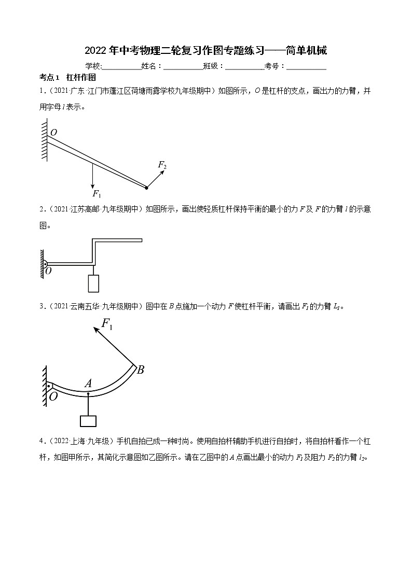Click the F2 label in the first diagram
point(162,165)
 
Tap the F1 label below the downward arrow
point(97,194)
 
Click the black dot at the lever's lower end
point(146,187)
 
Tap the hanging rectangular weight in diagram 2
point(93,283)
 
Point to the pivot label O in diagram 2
point(48,271)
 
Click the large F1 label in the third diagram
point(107,324)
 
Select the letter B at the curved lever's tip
point(140,370)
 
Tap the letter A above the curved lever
point(88,384)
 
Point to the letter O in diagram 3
point(53,397)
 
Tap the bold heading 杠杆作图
point(81,77)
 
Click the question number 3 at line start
point(41,306)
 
